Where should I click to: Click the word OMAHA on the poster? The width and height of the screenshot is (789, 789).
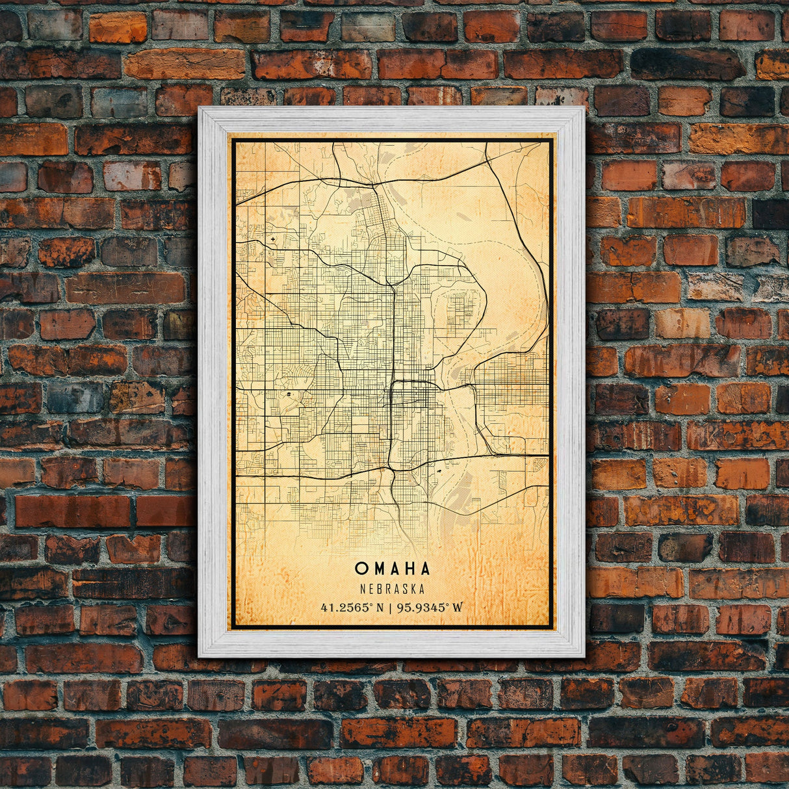[393, 569]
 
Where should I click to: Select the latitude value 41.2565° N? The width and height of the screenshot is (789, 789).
[352, 608]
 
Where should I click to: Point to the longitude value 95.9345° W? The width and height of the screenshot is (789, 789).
[430, 608]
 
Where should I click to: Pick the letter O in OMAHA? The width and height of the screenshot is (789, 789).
[361, 569]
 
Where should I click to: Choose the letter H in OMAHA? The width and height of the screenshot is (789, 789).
[409, 569]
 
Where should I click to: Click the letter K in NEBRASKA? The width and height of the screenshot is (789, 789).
[413, 589]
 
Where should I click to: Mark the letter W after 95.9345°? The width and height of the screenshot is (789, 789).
[458, 608]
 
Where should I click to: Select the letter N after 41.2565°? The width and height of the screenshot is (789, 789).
[380, 608]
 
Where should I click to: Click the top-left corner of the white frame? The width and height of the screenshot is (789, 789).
[199, 108]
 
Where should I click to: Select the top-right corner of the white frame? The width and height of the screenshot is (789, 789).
[584, 108]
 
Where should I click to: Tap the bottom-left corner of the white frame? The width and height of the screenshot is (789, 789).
[199, 656]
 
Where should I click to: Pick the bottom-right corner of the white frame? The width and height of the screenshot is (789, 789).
[584, 656]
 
